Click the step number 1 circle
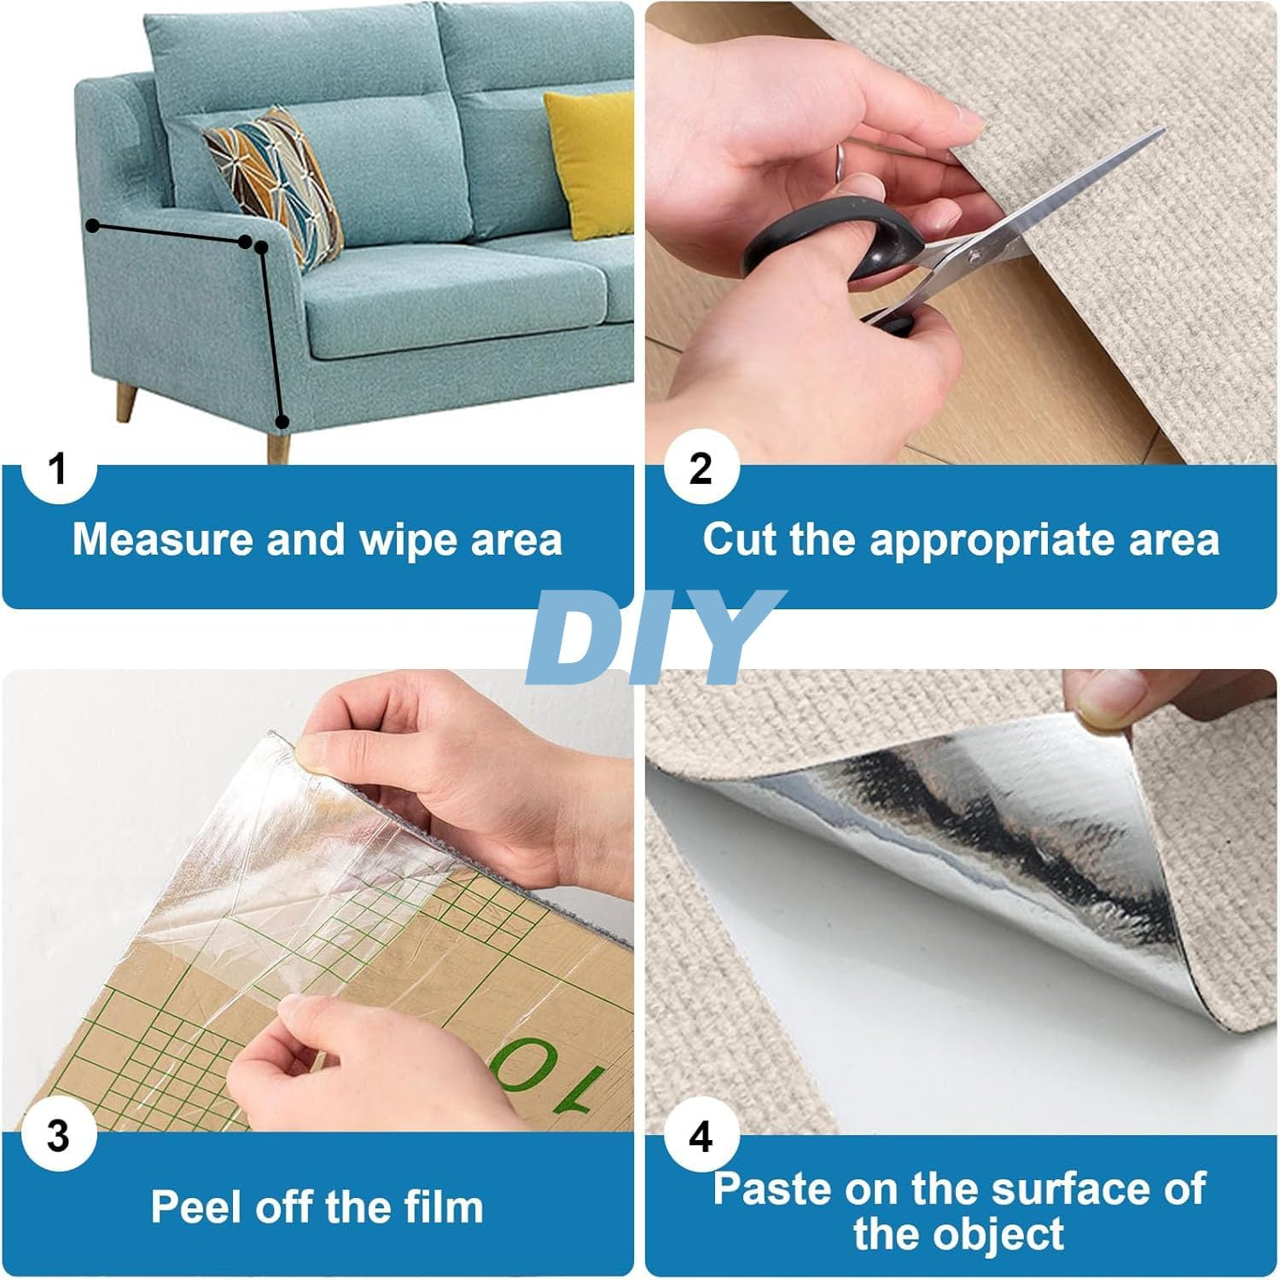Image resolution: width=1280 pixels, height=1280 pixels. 57,469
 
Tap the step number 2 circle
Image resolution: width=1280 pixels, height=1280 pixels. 700,469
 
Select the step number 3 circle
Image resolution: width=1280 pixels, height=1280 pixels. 57,1137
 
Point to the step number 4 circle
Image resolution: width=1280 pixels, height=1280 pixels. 700,1137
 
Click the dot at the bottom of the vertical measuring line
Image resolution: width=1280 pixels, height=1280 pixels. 282,421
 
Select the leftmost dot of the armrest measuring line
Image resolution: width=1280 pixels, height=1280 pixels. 92,225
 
